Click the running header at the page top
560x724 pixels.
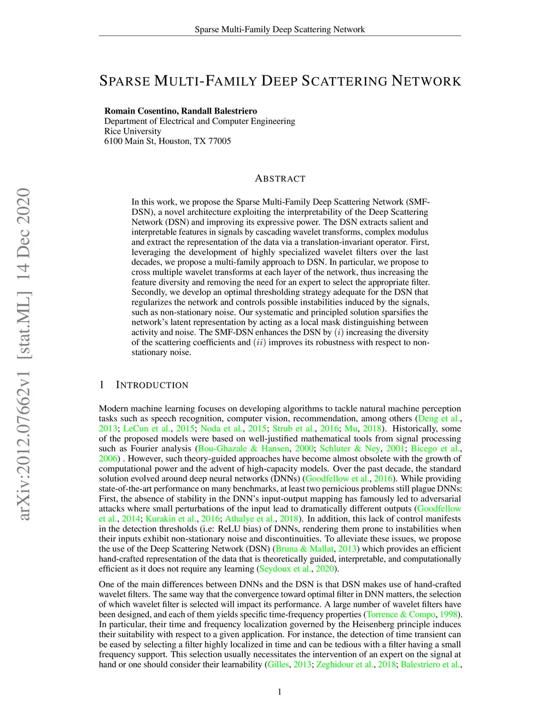coord(279,30)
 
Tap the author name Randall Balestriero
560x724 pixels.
coord(219,111)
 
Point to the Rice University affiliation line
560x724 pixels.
coord(133,131)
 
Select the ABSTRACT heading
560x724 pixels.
coord(280,179)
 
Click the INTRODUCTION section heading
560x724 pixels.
coord(152,385)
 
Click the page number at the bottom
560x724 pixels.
coord(280,692)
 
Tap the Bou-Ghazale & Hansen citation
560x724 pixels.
coord(243,449)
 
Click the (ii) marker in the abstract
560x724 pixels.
coord(259,343)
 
